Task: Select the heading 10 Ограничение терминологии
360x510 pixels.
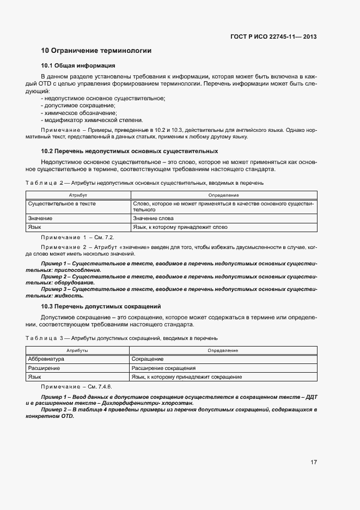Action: (x=96, y=51)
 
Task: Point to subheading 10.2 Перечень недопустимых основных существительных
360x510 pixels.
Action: (x=130, y=151)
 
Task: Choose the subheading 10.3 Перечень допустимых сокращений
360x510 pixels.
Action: (x=101, y=306)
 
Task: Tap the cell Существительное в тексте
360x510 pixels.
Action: (x=62, y=203)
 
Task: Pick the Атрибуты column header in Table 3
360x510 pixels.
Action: (x=78, y=350)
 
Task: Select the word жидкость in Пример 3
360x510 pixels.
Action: (x=70, y=296)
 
